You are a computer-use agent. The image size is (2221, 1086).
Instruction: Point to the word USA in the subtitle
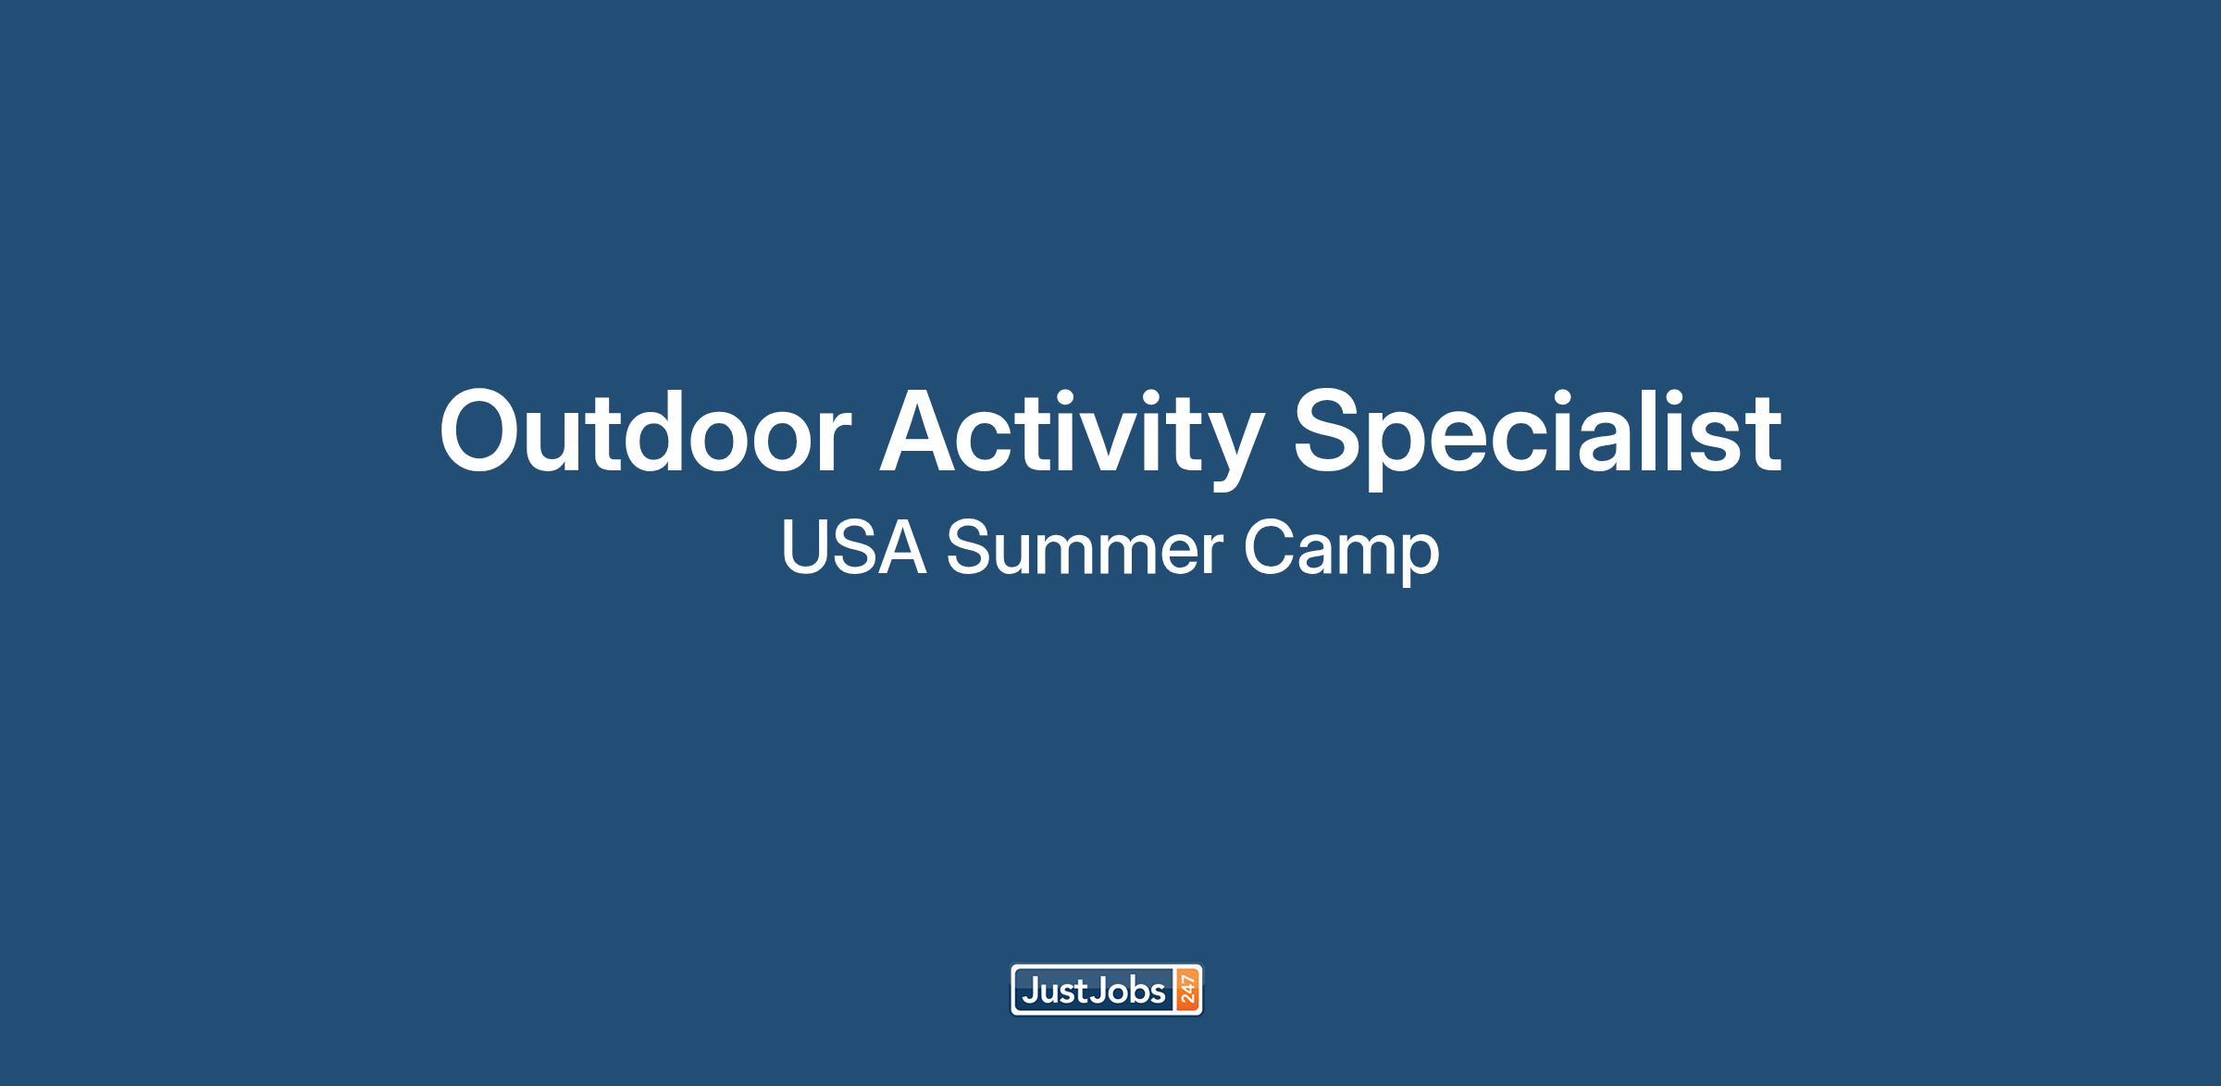click(x=853, y=548)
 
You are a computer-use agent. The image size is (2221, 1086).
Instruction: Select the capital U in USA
click(x=804, y=549)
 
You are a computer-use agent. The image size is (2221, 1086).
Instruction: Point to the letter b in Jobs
click(x=1138, y=992)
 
